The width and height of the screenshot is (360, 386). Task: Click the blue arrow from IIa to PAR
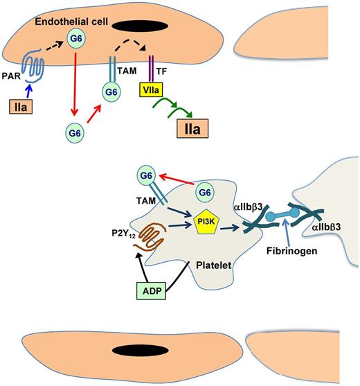[29, 91]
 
